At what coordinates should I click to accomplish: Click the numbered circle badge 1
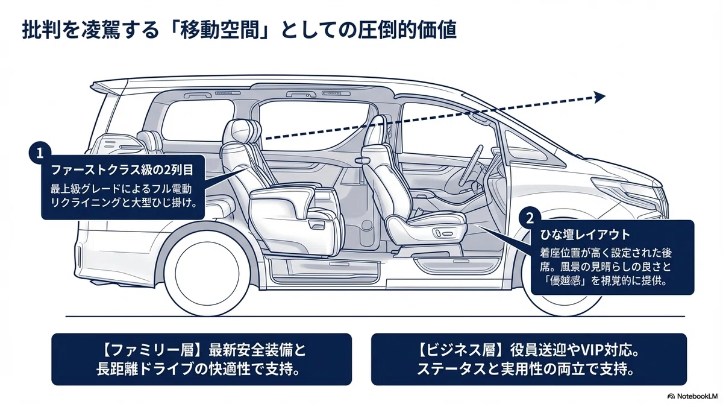(40, 153)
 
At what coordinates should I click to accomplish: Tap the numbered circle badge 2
(530, 218)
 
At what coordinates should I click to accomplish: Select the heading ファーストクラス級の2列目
(122, 170)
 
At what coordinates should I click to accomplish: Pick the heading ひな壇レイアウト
(585, 235)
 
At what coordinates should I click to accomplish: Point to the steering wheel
(471, 164)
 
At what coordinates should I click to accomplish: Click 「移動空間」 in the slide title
(221, 31)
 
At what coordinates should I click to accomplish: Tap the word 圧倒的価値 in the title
(407, 31)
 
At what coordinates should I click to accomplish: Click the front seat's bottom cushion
(426, 224)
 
